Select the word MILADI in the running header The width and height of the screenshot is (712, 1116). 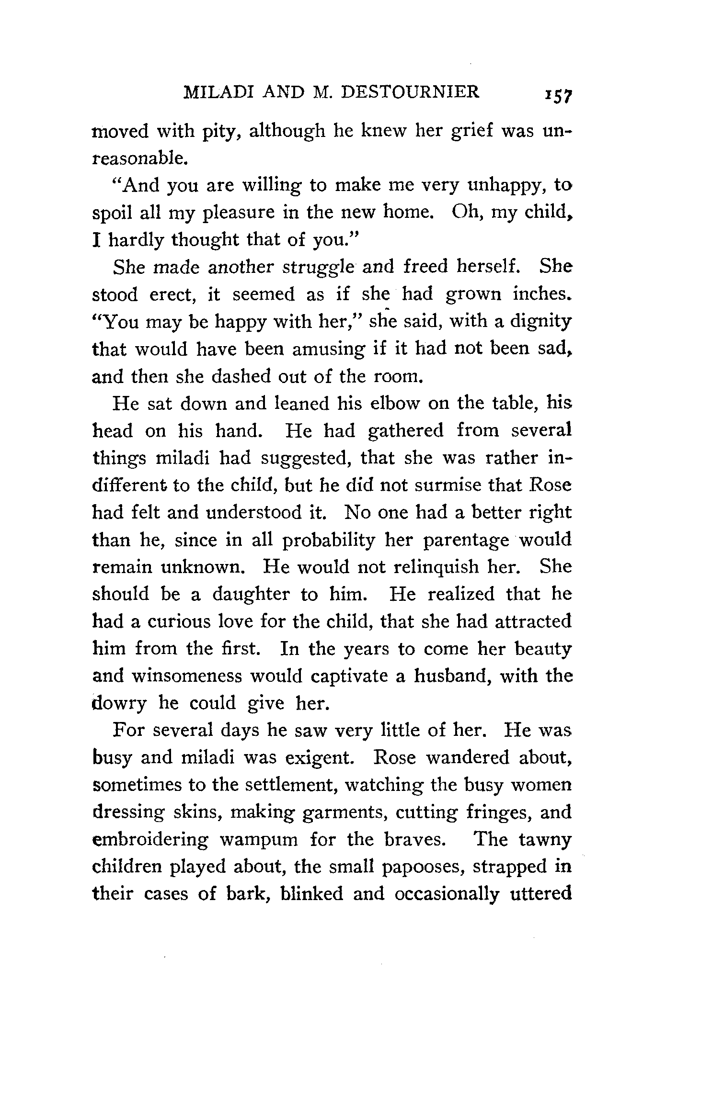[218, 91]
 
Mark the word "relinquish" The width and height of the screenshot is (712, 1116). [439, 567]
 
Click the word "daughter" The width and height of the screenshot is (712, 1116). [251, 595]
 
